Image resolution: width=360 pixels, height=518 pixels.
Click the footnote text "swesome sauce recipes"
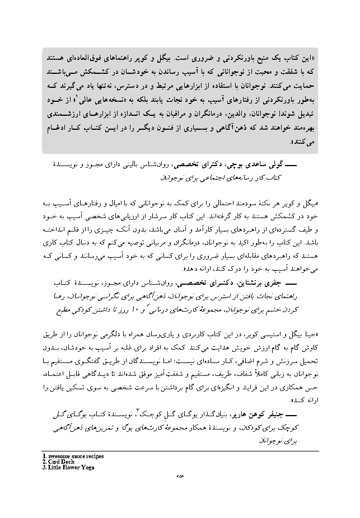(x=76, y=455)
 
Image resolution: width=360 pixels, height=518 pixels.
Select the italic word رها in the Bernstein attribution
(x=57, y=296)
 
